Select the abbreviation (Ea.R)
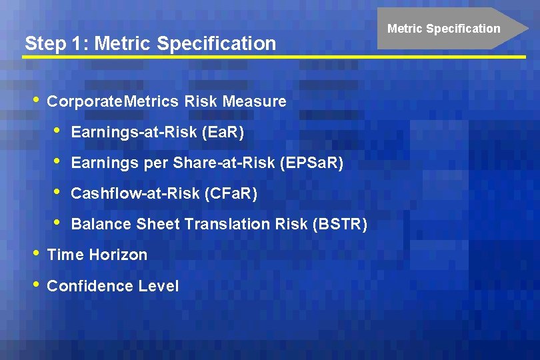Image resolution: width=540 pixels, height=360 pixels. point(222,133)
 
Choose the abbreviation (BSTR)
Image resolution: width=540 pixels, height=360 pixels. point(340,224)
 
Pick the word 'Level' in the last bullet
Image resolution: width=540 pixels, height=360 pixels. point(159,286)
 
